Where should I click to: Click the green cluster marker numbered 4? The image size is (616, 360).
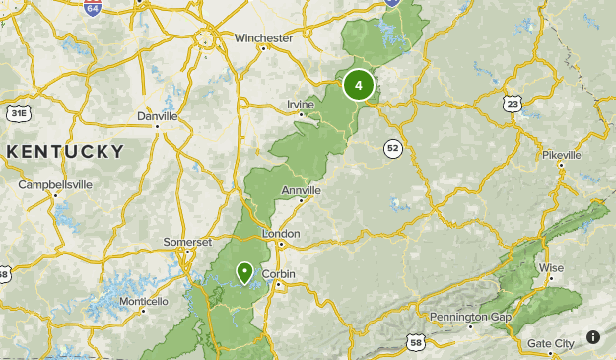(x=358, y=85)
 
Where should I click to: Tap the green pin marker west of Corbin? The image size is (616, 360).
(x=244, y=271)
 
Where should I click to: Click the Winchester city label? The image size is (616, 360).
(x=263, y=38)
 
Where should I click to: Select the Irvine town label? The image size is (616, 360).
(x=300, y=105)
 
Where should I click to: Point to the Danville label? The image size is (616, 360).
(x=158, y=116)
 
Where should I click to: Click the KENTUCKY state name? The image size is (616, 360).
(x=65, y=152)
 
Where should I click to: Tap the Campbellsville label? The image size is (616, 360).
(x=55, y=184)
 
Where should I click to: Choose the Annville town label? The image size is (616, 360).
(x=302, y=190)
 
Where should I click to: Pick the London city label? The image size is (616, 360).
(x=281, y=234)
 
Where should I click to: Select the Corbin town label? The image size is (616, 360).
(x=279, y=274)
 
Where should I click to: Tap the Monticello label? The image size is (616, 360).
(x=144, y=301)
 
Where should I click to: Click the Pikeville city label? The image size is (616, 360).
(x=562, y=155)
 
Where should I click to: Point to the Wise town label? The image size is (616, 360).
(x=551, y=267)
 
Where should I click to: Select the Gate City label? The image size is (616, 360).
(x=551, y=343)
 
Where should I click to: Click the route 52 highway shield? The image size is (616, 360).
(x=393, y=148)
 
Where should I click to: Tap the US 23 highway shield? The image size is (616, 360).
(x=512, y=103)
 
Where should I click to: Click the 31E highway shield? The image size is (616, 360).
(x=19, y=114)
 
